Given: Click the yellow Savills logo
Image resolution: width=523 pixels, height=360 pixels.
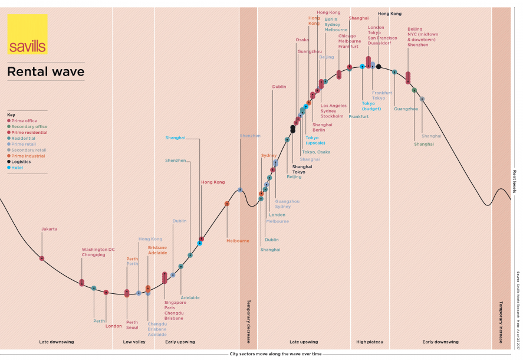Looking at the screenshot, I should (27, 34).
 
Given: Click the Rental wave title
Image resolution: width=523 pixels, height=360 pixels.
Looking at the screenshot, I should (45, 72).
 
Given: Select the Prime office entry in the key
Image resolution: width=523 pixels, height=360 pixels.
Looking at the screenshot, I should (24, 121).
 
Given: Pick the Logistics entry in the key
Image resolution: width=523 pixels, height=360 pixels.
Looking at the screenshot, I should (21, 161).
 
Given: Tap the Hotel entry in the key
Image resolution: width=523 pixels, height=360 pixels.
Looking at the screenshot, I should (18, 167).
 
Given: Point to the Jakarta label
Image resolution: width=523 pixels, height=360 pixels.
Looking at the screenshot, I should (50, 229).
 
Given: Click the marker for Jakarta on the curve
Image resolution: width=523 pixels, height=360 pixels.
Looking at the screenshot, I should (42, 258).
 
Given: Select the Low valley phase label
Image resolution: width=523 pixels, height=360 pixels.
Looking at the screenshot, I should (134, 342).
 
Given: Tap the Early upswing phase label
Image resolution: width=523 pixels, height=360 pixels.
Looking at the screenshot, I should (180, 342).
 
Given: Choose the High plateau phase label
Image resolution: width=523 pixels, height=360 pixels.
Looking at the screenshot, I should (370, 342).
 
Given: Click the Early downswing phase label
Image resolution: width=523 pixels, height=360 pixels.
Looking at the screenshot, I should (440, 342).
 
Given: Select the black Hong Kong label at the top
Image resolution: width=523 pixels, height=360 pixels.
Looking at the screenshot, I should (389, 13).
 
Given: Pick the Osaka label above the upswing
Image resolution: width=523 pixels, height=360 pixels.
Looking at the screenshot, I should (302, 40).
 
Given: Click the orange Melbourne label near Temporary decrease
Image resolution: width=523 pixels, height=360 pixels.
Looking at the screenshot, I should (238, 240).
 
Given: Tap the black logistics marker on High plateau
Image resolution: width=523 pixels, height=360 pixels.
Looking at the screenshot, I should (379, 67).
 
